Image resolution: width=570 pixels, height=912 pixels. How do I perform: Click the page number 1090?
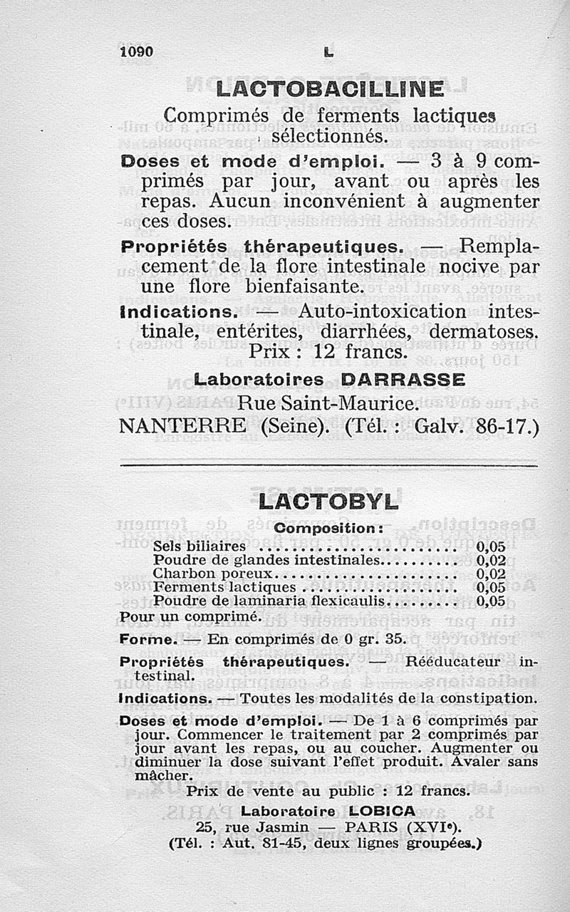[x=138, y=52]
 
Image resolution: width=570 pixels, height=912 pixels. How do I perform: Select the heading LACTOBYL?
[x=328, y=502]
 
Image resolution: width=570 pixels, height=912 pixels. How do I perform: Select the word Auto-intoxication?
[x=382, y=311]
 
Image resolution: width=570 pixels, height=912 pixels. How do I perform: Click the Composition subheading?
[x=329, y=529]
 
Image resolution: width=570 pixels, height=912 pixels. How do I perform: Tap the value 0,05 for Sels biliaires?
[x=491, y=547]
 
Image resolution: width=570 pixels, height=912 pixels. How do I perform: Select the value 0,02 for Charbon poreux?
[x=491, y=574]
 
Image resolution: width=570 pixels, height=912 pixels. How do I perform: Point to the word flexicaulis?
[x=345, y=601]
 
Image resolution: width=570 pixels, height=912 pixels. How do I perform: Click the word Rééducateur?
[x=452, y=662]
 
